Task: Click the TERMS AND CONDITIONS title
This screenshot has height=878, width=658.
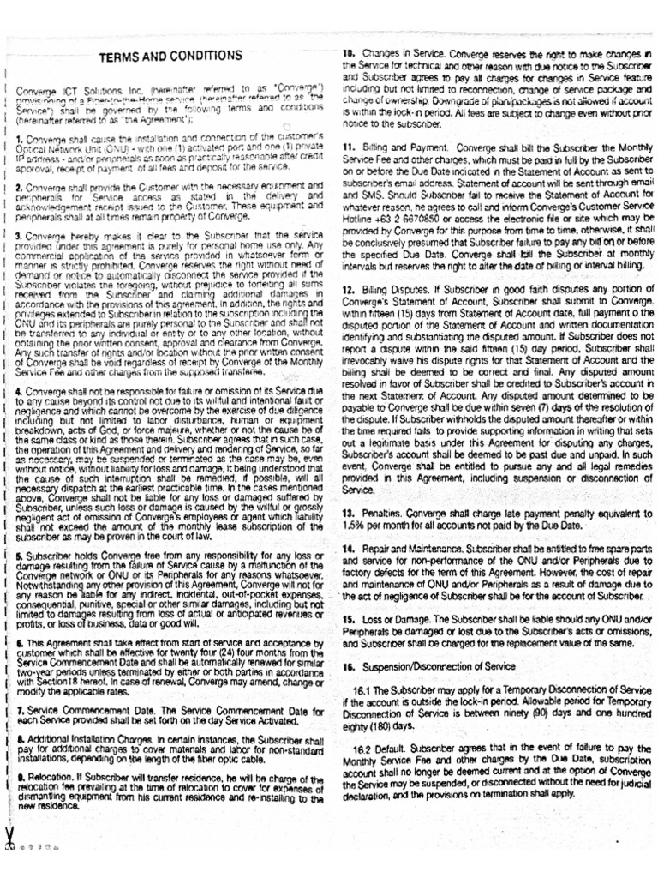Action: click(x=171, y=57)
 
